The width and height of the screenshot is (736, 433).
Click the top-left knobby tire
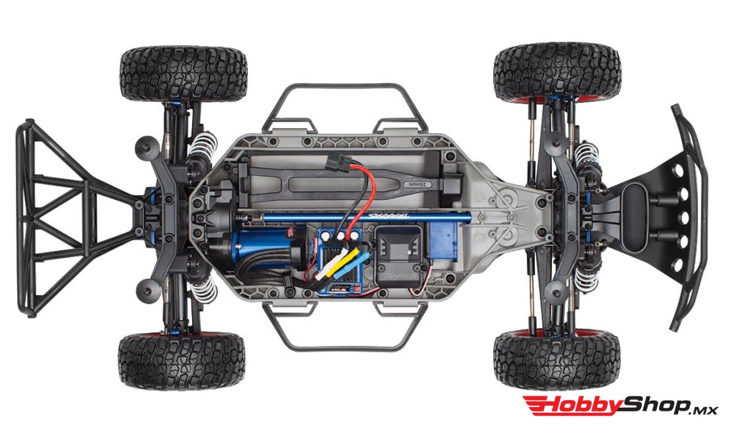pos(183,74)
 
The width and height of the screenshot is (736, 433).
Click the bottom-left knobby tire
pos(182,360)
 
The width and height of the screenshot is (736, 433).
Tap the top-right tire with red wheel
pos(556,73)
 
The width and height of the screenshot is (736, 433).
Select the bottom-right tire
pos(556,360)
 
